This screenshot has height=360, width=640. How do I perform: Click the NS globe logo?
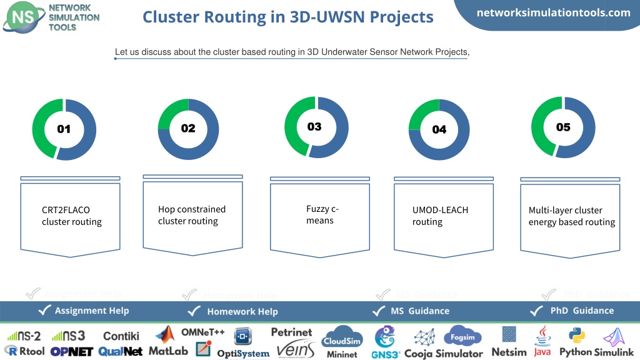[x=24, y=17]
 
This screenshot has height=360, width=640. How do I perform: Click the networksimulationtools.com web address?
[x=554, y=12]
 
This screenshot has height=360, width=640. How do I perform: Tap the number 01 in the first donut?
[x=64, y=129]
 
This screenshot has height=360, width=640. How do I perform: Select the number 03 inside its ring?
[x=314, y=126]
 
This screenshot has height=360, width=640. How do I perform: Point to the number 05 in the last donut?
[x=563, y=127]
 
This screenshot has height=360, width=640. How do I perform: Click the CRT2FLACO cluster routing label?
[x=71, y=216]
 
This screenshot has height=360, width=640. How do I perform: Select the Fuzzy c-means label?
[x=322, y=215]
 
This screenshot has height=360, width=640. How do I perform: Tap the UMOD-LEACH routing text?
[x=440, y=216]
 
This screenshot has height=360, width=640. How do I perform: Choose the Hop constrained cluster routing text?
[x=192, y=215]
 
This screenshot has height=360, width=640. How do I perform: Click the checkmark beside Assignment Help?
[x=44, y=310]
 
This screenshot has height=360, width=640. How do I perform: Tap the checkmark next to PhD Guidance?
[x=536, y=311]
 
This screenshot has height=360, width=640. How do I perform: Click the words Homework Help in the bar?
[x=242, y=312]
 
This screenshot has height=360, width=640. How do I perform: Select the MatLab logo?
[x=168, y=341]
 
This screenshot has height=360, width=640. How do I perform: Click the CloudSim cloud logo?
[x=342, y=337]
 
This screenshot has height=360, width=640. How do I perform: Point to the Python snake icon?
[x=577, y=336]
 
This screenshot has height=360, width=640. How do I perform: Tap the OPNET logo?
[x=71, y=351]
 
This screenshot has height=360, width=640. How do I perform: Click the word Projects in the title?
[x=402, y=17]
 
